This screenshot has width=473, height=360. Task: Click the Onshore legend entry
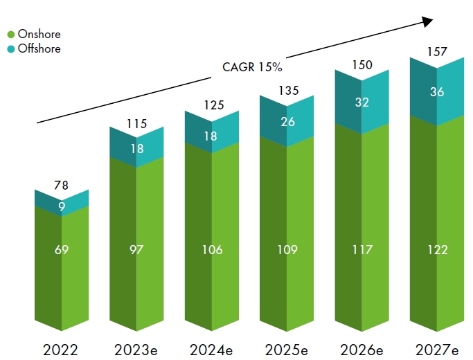pos(39,35)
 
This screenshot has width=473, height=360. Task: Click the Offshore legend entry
pos(39,48)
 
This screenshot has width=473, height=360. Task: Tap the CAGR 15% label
pos(252,67)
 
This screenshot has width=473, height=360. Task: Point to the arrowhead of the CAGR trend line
pos(427,21)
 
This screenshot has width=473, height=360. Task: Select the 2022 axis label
pos(62,349)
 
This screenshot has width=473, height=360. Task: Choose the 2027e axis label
pos(438,349)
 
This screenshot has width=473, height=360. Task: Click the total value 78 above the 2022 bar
pos(62,185)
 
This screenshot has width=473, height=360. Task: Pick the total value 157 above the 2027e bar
pos(437,52)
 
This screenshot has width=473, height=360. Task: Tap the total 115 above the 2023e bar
pos(137,124)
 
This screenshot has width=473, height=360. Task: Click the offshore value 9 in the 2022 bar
pos(62,206)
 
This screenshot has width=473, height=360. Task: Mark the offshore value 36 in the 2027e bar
pos(437,91)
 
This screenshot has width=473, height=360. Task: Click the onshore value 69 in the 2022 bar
pos(62,249)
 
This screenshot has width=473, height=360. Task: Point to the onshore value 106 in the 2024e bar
pos(212,249)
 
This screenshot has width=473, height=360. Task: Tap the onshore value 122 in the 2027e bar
pos(437,249)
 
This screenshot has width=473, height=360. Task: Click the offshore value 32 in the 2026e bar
pos(362,102)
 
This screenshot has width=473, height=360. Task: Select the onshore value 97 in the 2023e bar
pos(137,249)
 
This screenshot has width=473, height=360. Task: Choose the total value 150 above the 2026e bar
pos(362,65)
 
